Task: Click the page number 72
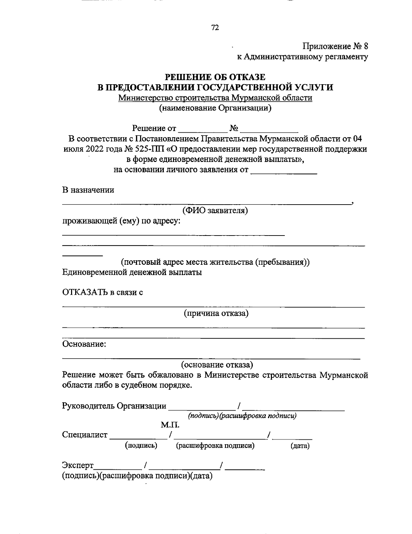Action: coord(215,28)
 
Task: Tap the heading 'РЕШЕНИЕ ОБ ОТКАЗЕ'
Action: coord(215,77)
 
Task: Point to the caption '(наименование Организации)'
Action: coord(215,109)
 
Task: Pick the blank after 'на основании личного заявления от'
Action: coord(284,171)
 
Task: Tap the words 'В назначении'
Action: coord(88,190)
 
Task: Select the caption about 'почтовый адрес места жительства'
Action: coord(215,262)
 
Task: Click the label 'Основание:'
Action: coord(84,344)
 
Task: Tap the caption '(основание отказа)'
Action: coord(217,364)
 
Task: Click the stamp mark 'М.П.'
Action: coord(170,425)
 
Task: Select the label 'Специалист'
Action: coord(85,435)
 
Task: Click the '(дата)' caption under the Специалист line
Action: coord(300,446)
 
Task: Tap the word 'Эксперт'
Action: coord(78,466)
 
